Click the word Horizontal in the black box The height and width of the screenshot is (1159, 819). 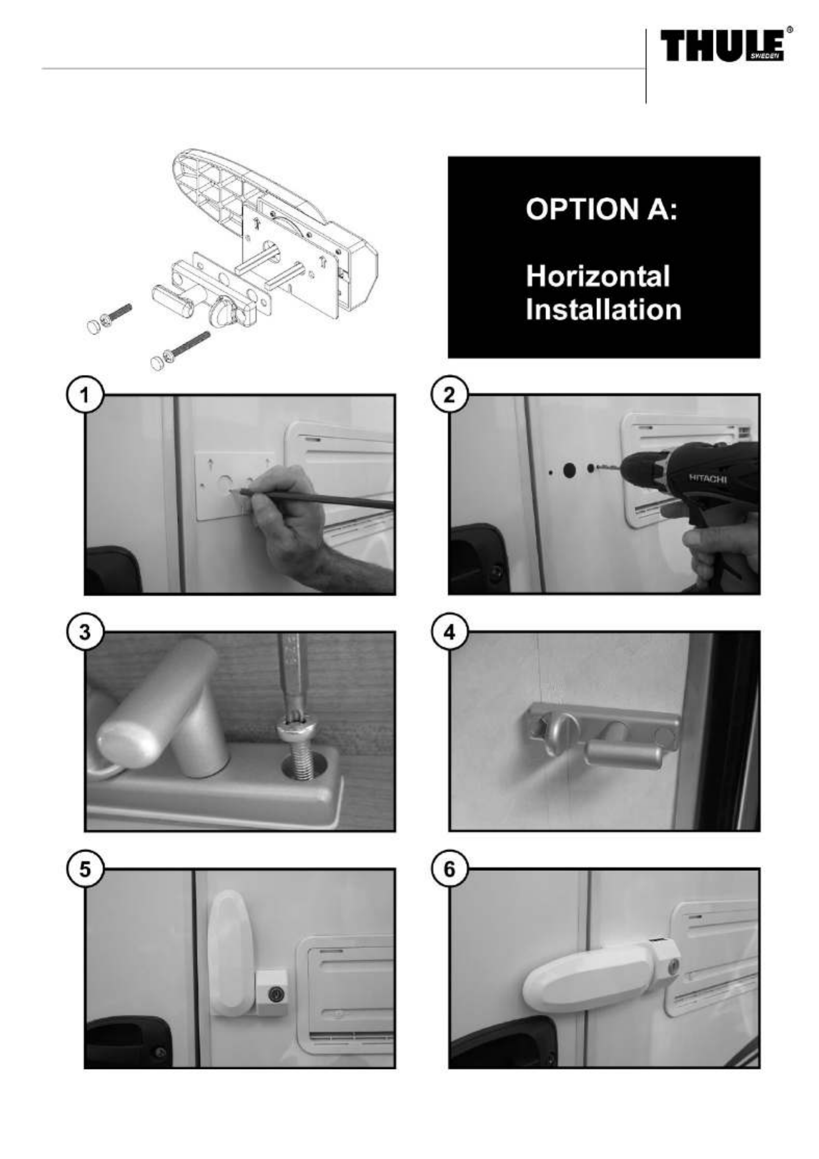pyautogui.click(x=598, y=276)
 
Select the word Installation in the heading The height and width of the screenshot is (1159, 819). pyautogui.click(x=603, y=309)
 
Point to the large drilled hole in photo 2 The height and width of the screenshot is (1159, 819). pyautogui.click(x=569, y=471)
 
